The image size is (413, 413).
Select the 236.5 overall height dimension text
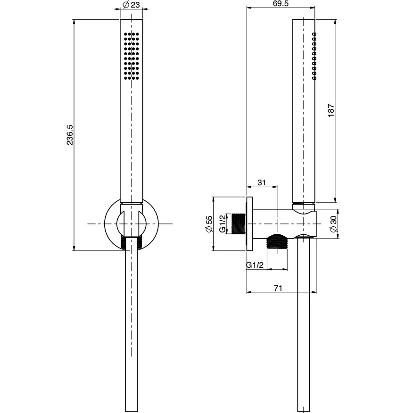pos(70,135)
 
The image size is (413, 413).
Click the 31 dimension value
pos(261,182)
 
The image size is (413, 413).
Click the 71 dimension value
pos(278,288)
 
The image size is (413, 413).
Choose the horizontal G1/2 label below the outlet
pos(255,265)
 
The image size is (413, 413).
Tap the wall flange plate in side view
pos(250,223)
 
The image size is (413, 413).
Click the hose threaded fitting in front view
pos(132,241)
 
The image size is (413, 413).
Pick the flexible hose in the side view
pos(303,330)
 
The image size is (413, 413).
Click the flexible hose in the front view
pos(132,330)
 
